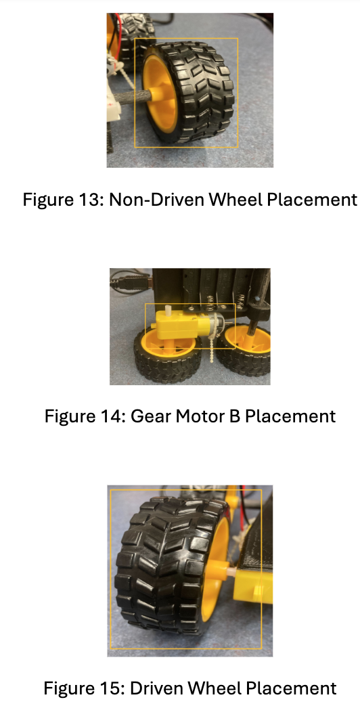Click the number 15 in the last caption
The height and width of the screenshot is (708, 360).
[x=113, y=688]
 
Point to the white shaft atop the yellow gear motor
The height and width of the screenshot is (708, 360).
[x=168, y=311]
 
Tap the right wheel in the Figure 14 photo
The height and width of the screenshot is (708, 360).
[x=244, y=352]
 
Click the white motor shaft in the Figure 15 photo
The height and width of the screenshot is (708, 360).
[x=229, y=573]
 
